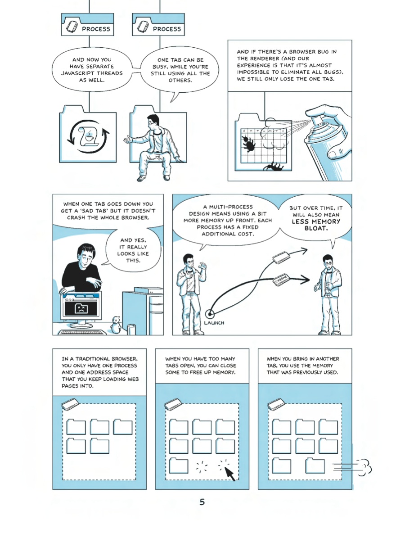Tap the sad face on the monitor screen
[x=81, y=308]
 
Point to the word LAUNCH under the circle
[x=214, y=323]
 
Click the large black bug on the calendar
[x=249, y=145]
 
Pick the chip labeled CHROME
[x=280, y=280]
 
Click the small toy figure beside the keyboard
[x=116, y=325]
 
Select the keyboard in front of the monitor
[x=82, y=332]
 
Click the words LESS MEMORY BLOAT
[x=316, y=225]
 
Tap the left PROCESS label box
[x=88, y=25]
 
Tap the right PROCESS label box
[x=158, y=25]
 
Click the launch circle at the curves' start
[x=210, y=314]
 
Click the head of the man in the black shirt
[x=85, y=255]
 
